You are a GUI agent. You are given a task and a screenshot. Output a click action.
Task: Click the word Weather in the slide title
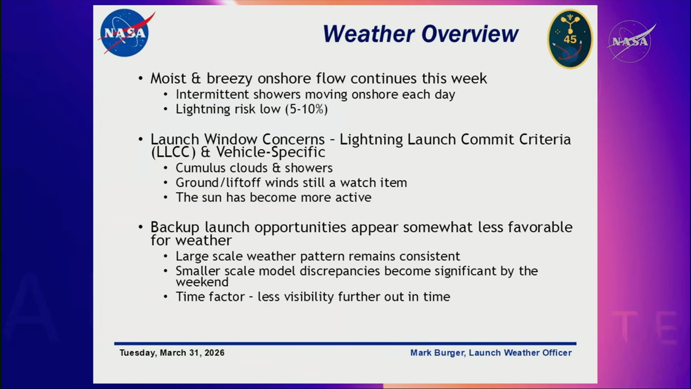(x=369, y=34)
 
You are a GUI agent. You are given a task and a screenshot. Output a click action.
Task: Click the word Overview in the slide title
(x=470, y=34)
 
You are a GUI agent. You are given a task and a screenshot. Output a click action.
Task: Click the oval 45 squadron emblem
(x=570, y=39)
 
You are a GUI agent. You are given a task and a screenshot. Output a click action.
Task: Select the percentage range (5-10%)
(x=306, y=109)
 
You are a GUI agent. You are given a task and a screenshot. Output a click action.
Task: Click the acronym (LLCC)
(x=173, y=152)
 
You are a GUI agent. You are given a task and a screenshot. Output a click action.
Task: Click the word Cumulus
(x=201, y=168)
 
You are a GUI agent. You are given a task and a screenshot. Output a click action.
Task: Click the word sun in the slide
(x=212, y=197)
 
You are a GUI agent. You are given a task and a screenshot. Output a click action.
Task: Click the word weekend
(x=202, y=282)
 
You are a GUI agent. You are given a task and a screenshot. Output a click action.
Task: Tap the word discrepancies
(x=340, y=271)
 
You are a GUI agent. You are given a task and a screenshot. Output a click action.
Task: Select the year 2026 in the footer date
(x=214, y=353)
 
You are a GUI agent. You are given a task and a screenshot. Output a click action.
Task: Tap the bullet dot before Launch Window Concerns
(x=141, y=139)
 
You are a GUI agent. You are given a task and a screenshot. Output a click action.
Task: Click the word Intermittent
(x=212, y=94)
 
